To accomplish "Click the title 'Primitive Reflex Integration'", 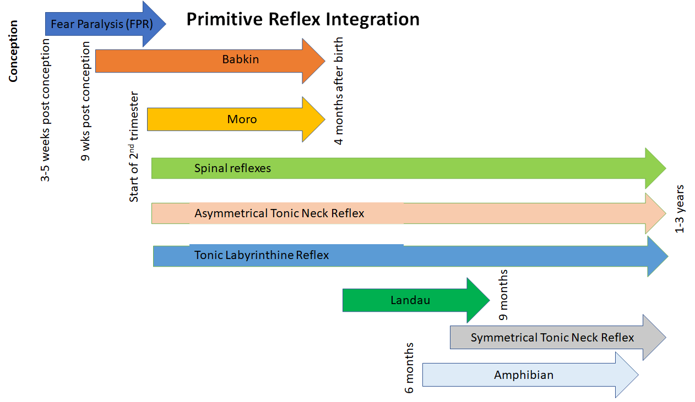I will pyautogui.click(x=303, y=19).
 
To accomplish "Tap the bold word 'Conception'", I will pyautogui.click(x=13, y=51).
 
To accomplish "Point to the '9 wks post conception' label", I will pyautogui.click(x=86, y=101).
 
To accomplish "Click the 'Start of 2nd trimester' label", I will pyautogui.click(x=134, y=147).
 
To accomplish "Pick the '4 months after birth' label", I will pyautogui.click(x=339, y=91).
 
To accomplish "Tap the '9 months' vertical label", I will pyautogui.click(x=503, y=295).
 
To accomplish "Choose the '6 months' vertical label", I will pyautogui.click(x=409, y=367).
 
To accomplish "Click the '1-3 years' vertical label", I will pyautogui.click(x=680, y=208).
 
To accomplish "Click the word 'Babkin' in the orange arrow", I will pyautogui.click(x=240, y=59).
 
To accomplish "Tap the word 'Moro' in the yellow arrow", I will pyautogui.click(x=242, y=119).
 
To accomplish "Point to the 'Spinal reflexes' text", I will pyautogui.click(x=232, y=168).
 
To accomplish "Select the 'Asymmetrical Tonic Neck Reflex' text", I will pyautogui.click(x=279, y=213).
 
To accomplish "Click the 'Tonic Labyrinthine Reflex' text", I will pyautogui.click(x=262, y=255).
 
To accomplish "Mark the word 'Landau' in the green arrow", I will pyautogui.click(x=410, y=300).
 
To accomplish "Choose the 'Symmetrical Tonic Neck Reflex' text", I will pyautogui.click(x=552, y=337).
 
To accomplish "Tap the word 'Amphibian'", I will pyautogui.click(x=524, y=375).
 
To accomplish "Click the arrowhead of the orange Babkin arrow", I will pyautogui.click(x=314, y=61).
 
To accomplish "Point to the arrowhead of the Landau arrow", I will pyautogui.click(x=478, y=300).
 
